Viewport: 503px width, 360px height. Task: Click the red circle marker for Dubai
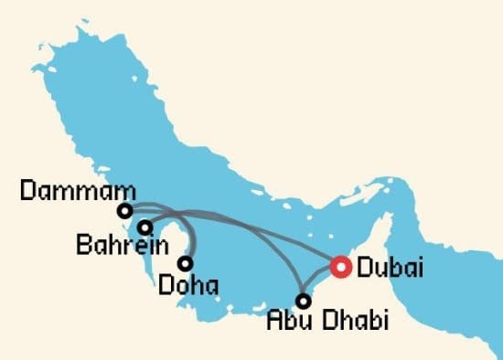(x=340, y=266)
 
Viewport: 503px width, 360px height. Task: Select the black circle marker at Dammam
(x=124, y=211)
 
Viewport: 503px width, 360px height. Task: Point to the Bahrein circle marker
(x=144, y=227)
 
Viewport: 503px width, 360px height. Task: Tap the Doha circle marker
(x=186, y=263)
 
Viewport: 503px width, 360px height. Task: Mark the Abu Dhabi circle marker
(x=305, y=299)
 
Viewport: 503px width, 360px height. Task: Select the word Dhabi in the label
(x=353, y=322)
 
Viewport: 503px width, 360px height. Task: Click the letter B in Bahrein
(x=84, y=246)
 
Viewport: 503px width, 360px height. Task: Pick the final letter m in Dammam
(x=125, y=192)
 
